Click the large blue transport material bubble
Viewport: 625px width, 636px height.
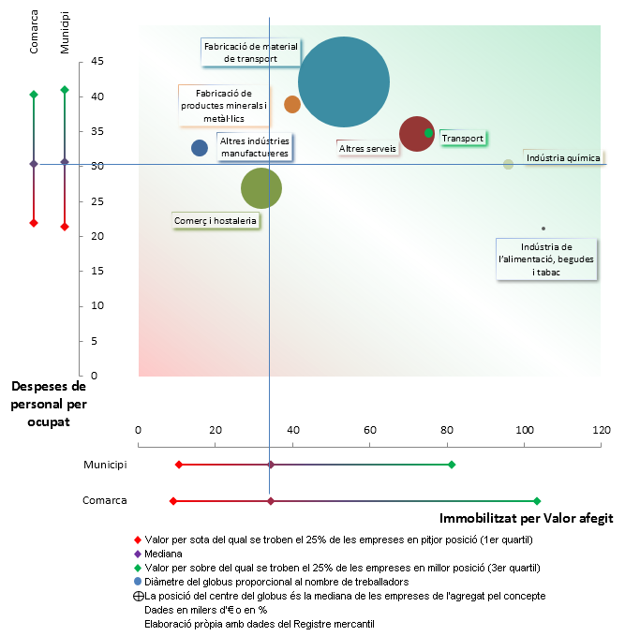coord(344,81)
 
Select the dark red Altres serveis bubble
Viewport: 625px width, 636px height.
coord(415,133)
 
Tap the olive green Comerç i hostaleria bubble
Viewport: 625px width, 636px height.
coord(261,188)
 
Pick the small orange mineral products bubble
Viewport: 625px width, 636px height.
coord(292,104)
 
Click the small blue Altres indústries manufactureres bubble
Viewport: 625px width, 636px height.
coord(200,147)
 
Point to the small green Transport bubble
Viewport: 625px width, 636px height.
coord(429,133)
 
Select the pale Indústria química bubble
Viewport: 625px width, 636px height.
coord(508,164)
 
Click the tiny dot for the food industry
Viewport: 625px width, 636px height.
coord(543,229)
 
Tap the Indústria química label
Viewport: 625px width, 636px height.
coord(562,158)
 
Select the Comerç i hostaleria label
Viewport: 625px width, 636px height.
coord(216,221)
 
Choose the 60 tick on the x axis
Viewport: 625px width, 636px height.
coord(369,430)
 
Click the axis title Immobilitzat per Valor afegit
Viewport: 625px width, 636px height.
coord(525,517)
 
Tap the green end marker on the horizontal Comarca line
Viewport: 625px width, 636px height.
coord(537,501)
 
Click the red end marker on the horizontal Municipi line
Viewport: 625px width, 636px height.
coord(179,465)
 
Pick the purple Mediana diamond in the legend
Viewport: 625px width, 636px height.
coord(139,554)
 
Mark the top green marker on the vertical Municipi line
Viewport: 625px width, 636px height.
coord(65,90)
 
